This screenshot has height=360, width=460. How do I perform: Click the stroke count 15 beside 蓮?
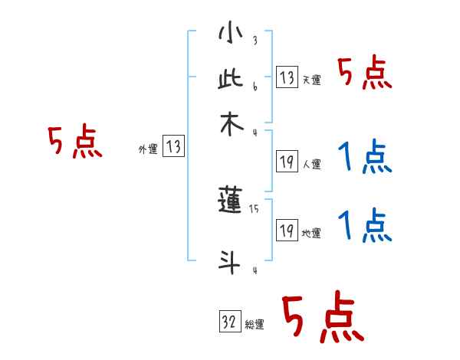pos(255,208)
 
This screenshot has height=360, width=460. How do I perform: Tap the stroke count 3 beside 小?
pos(255,41)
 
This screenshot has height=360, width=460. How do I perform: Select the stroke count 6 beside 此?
pos(255,86)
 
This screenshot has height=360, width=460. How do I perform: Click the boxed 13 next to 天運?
pos(286,77)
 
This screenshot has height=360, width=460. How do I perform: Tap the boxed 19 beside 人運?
pos(286,162)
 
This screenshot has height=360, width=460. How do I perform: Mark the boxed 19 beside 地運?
pos(286,231)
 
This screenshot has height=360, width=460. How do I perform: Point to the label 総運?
pos(255,325)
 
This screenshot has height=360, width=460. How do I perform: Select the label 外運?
pos(148,150)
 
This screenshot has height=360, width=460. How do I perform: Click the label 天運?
pos(310,80)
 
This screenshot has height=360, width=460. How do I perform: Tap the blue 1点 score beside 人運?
pos(364,159)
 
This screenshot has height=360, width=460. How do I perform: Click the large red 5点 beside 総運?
pos(320,318)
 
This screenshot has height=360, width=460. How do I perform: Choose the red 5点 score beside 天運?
pos(364,75)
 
